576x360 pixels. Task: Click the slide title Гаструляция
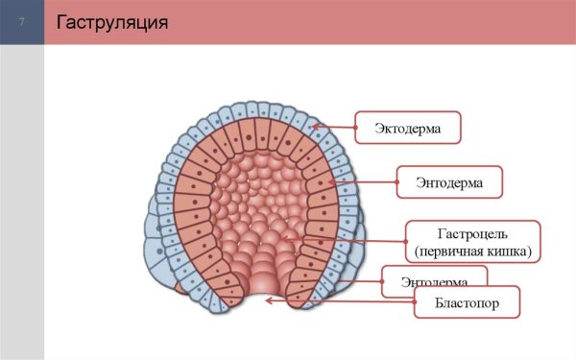pyautogui.click(x=113, y=21)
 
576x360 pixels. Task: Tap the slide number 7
pyautogui.click(x=21, y=22)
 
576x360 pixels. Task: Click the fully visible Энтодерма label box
pyautogui.click(x=448, y=180)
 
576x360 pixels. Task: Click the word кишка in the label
pyautogui.click(x=509, y=252)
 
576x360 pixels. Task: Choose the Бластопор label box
pyautogui.click(x=467, y=303)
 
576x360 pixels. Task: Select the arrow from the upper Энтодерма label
pyautogui.click(x=364, y=180)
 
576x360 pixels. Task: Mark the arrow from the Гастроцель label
pyautogui.click(x=345, y=236)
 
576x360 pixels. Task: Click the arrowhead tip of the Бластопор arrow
pyautogui.click(x=268, y=300)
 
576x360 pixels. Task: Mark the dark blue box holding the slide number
pyautogui.click(x=21, y=22)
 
